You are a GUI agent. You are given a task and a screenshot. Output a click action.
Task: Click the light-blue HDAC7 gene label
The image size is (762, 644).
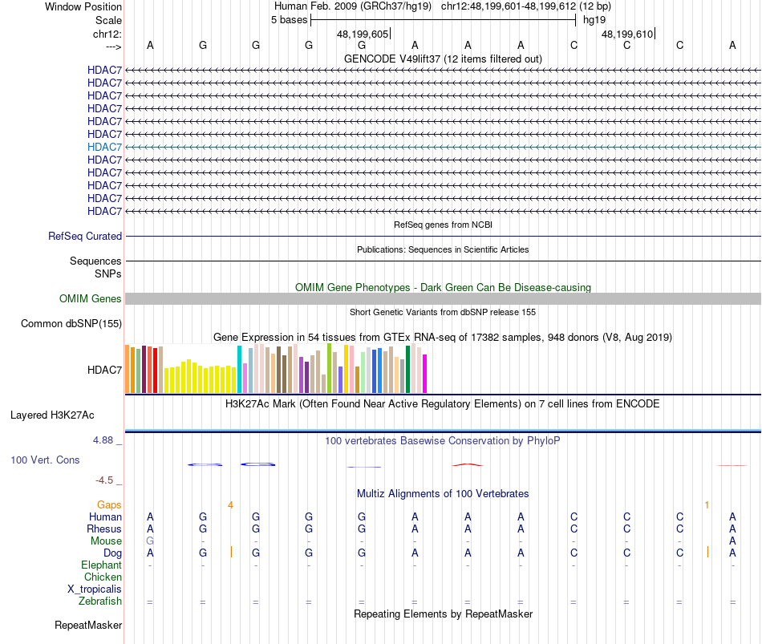click(105, 147)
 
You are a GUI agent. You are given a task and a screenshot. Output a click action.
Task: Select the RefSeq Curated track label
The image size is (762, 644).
click(85, 237)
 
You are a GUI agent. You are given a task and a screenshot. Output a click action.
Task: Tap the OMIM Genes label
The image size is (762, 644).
click(91, 299)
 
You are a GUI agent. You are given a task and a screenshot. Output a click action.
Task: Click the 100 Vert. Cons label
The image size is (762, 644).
click(45, 460)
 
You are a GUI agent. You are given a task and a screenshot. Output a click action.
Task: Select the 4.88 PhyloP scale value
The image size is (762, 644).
click(105, 440)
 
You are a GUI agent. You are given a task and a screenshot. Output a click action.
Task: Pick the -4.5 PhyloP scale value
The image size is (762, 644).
click(105, 480)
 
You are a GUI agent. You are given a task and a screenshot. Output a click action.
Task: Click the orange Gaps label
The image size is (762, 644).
click(109, 504)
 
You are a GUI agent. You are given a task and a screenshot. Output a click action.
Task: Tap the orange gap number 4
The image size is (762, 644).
click(230, 504)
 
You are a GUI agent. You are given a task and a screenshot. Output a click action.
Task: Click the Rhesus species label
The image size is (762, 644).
click(104, 529)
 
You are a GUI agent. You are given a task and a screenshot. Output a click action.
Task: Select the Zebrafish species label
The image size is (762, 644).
click(100, 601)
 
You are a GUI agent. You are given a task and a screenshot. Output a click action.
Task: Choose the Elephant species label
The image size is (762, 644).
click(102, 565)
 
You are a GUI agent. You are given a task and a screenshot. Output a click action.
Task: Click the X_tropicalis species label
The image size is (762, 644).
click(95, 589)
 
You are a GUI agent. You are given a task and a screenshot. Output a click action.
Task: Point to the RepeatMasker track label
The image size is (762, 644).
click(88, 625)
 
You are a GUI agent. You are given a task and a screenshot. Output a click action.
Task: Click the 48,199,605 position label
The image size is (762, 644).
click(363, 34)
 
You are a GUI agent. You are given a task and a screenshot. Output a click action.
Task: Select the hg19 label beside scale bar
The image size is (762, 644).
click(594, 19)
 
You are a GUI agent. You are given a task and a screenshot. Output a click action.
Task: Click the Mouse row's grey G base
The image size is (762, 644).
click(150, 541)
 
